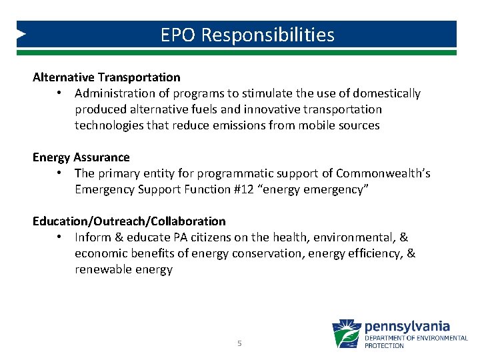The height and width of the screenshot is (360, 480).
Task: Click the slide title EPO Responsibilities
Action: (247, 35)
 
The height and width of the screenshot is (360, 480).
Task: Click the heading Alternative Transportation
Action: (107, 77)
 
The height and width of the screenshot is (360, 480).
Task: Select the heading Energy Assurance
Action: (81, 157)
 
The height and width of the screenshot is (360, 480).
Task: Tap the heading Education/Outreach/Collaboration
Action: (129, 221)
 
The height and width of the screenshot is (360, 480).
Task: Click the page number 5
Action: (239, 343)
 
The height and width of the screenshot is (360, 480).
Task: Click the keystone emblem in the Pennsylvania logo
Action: (347, 333)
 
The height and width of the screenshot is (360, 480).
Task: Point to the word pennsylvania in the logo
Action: (407, 327)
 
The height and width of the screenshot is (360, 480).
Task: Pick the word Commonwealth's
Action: (383, 173)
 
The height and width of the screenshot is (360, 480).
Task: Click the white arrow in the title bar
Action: (22, 33)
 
